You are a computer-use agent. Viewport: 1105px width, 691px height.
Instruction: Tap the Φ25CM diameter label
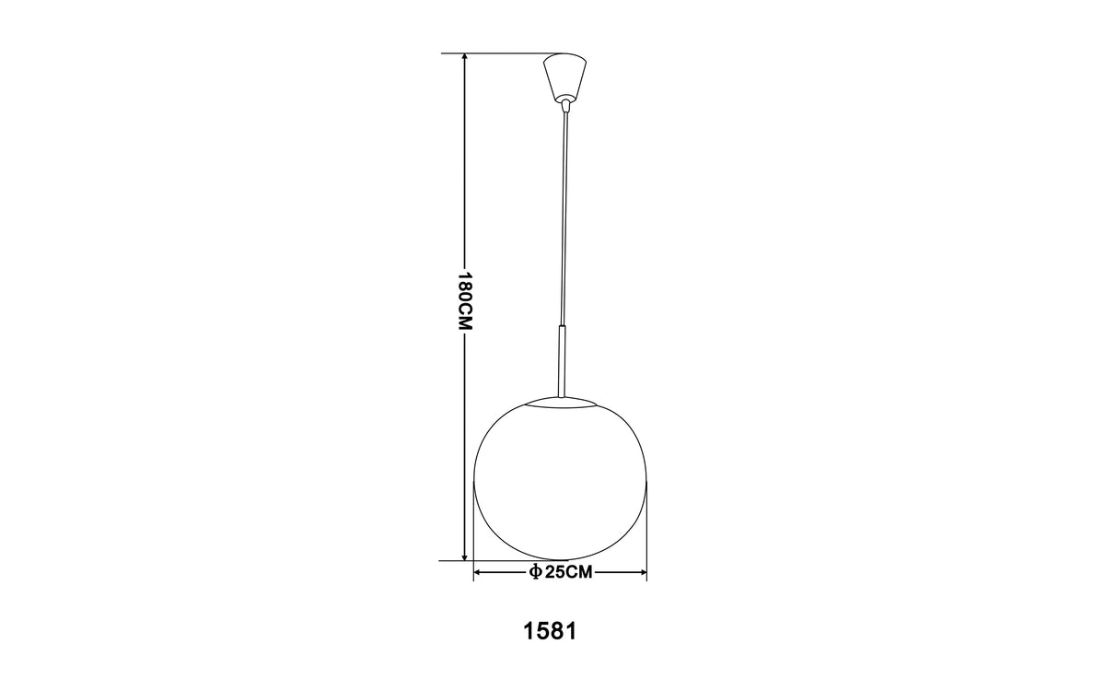[560, 572]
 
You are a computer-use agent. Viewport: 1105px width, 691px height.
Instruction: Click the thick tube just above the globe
[562, 361]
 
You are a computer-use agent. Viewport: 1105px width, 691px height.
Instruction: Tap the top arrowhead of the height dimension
[464, 58]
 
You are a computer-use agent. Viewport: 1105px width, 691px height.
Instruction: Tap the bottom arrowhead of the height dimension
[464, 556]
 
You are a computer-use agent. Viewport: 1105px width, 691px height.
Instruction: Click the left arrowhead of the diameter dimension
[478, 572]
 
